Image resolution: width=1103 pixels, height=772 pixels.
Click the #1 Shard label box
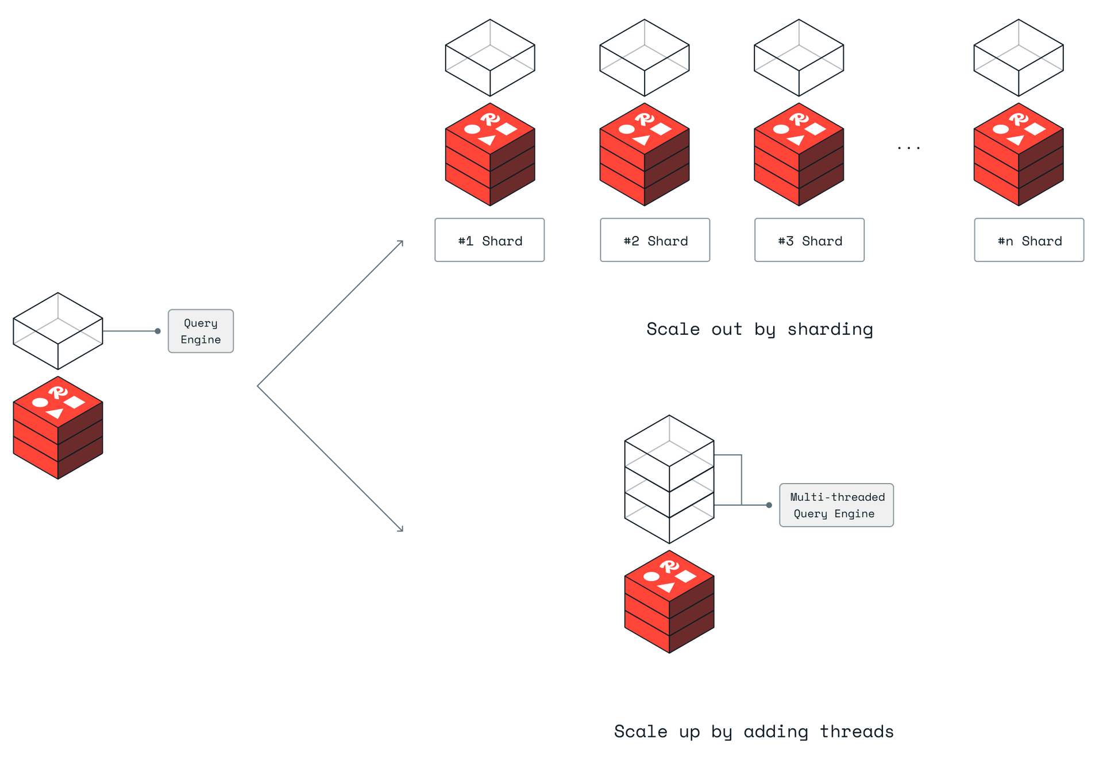489,240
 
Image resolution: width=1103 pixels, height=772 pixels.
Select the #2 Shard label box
655,240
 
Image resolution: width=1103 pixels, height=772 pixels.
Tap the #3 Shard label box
809,240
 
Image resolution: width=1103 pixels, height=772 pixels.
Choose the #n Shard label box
1029,240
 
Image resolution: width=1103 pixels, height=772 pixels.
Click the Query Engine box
200,331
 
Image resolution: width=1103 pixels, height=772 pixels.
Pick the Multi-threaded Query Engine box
836,505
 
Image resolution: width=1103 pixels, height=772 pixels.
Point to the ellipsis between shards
908,148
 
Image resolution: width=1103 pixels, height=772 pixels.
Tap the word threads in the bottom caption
856,731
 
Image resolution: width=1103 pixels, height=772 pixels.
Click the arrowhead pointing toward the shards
401,242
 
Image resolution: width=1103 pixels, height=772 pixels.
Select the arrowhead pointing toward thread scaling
401,529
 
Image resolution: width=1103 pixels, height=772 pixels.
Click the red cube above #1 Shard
490,155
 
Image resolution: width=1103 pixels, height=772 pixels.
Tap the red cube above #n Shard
1019,155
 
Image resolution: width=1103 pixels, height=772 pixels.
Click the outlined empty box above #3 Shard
799,57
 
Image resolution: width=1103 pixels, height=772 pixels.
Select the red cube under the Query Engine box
58,428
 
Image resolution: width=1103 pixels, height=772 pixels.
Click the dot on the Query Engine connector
157,331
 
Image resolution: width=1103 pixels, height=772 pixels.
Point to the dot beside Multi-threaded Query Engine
769,505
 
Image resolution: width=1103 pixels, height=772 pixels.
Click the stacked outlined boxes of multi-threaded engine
669,480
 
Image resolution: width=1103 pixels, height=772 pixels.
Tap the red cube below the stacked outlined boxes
669,602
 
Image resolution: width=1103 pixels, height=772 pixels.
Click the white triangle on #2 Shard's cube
642,140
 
